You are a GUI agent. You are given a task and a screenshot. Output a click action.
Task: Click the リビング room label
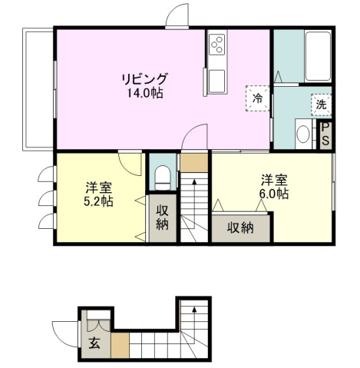point(144,78)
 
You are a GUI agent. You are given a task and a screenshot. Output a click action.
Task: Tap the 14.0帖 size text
point(144,93)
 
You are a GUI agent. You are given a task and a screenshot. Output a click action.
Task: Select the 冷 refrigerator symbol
point(259,98)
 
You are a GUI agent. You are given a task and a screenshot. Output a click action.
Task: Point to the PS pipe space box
point(325,135)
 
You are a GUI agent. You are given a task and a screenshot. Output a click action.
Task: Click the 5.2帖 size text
point(100,201)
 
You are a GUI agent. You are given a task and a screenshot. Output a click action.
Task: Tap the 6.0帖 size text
point(273,194)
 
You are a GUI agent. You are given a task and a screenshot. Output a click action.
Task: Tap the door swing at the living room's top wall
point(176,17)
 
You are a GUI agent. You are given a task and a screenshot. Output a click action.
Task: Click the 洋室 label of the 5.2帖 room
point(100,187)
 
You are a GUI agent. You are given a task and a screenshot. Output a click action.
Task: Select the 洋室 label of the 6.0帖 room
point(273,180)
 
